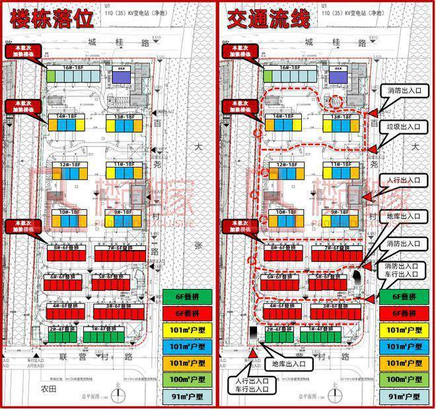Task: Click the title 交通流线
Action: (268, 18)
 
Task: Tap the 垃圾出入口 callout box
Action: (404, 125)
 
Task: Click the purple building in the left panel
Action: (120, 77)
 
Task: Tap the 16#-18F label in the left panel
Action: (71, 67)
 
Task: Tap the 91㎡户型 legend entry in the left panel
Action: (188, 396)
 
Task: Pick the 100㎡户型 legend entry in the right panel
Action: (403, 379)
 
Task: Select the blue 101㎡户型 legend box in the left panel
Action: (188, 346)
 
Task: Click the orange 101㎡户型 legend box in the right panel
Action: (403, 363)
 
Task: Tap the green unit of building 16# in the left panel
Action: (51, 77)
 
